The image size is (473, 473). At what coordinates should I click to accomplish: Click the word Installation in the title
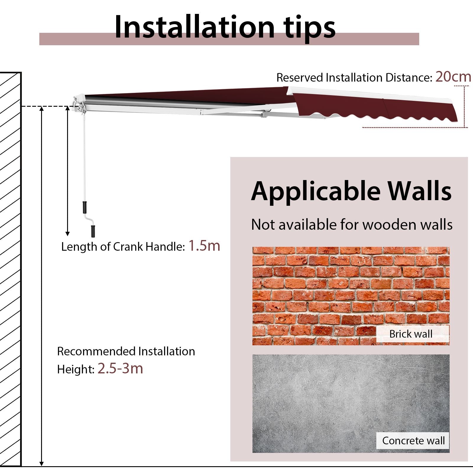(x=195, y=27)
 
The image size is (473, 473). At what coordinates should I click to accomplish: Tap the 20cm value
(x=453, y=77)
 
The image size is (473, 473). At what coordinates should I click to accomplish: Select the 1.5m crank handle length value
(x=204, y=246)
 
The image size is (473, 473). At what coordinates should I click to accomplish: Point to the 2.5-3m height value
(x=120, y=368)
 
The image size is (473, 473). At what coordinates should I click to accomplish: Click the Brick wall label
(x=411, y=334)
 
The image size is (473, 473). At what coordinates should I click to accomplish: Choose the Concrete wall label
(x=413, y=440)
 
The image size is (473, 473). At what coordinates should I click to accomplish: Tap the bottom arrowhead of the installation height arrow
(x=42, y=463)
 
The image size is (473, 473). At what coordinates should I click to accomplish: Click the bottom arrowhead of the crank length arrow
(x=67, y=234)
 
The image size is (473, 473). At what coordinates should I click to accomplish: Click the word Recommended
(x=96, y=351)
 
